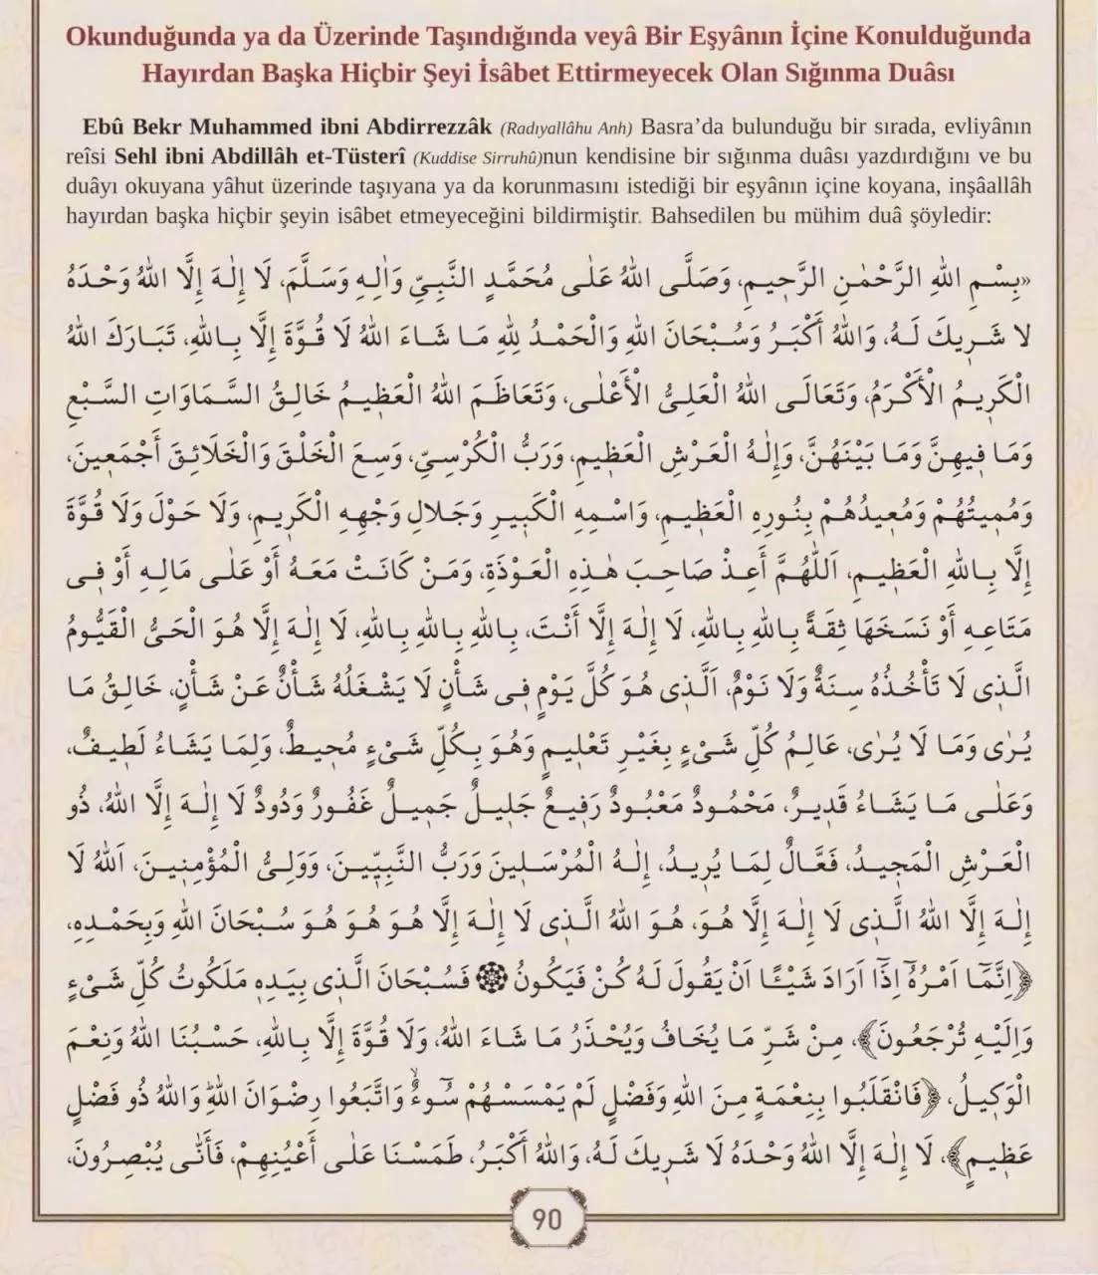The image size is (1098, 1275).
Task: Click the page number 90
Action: click(548, 1219)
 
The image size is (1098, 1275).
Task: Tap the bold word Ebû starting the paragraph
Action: click(108, 128)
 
